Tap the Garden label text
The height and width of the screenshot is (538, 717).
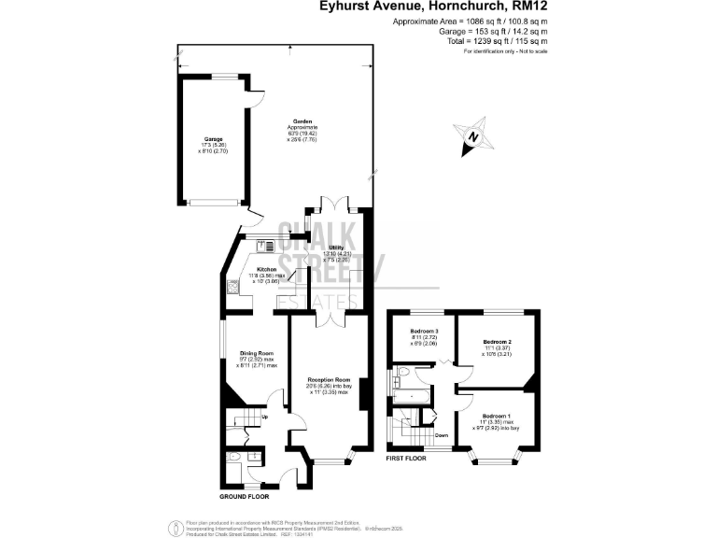pos(302,122)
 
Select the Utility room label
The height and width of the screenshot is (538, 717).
pos(336,247)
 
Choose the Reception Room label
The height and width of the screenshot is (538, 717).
pos(328,380)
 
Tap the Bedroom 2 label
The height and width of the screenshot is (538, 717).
pos(497,343)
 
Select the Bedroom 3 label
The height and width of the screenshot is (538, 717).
pos(425,332)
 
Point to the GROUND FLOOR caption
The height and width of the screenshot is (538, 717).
pos(246,495)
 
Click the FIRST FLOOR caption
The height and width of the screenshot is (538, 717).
pos(406,460)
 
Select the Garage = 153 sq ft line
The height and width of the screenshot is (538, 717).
pos(493,32)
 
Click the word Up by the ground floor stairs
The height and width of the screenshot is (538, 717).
pos(265,417)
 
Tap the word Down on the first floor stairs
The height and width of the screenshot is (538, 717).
pos(441,435)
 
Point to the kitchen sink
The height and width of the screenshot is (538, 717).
pos(265,246)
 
